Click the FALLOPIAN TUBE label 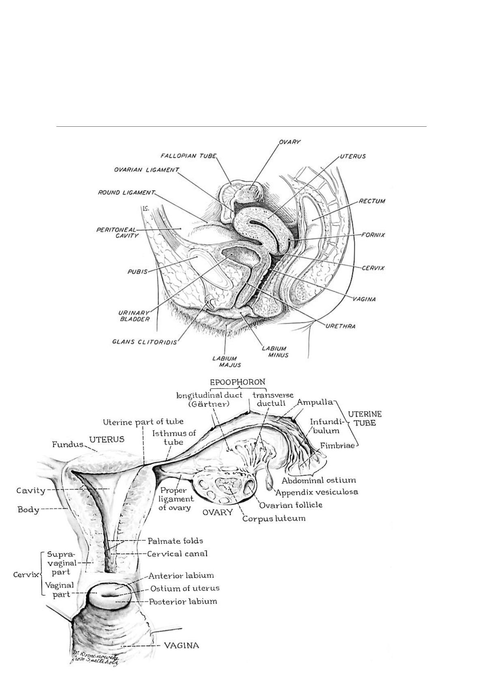click(189, 156)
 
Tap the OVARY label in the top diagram click(289, 142)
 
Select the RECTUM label click(372, 201)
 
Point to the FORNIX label click(373, 235)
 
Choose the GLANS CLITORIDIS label click(145, 342)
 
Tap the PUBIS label click(137, 272)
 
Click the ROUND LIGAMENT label click(127, 192)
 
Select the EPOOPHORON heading click(238, 382)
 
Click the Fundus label click(67, 444)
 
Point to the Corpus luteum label click(274, 519)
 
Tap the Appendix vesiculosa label click(317, 492)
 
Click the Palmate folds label click(175, 541)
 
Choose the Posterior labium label click(183, 601)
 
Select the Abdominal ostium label click(319, 481)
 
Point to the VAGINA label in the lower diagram click(181, 645)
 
